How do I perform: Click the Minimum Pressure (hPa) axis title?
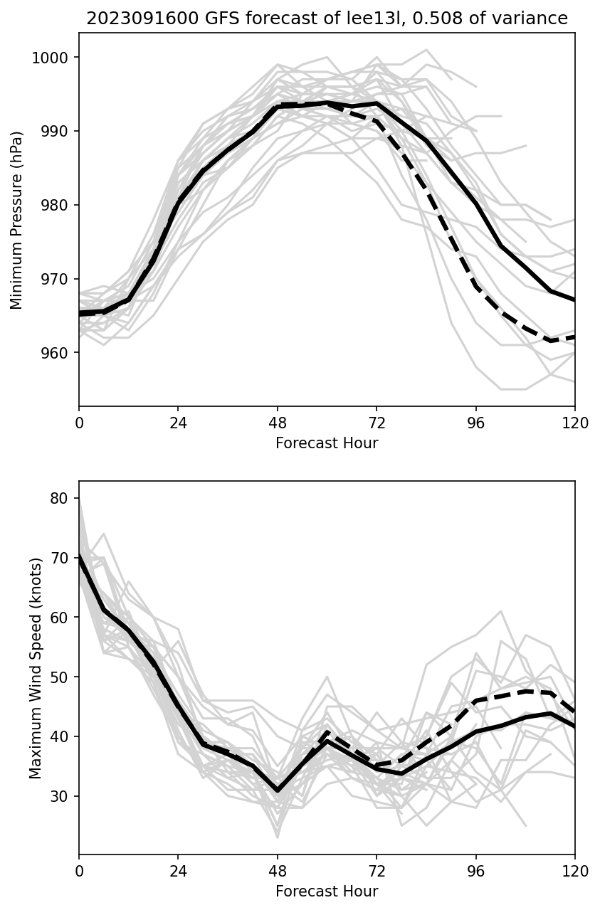click(17, 220)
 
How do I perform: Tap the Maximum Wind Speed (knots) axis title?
click(36, 667)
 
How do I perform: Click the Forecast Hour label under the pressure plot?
click(327, 443)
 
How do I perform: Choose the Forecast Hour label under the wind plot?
click(327, 892)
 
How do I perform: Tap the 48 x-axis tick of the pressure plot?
click(278, 423)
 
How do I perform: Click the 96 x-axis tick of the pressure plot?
click(475, 423)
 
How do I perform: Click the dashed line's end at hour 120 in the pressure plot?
click(574, 337)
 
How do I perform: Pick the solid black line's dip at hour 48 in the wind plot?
click(278, 790)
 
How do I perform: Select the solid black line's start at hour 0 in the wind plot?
click(80, 554)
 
